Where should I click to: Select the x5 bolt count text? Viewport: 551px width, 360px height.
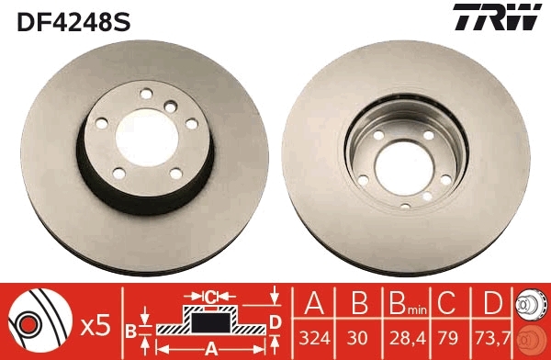96,324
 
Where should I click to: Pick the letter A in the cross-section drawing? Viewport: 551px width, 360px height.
210,348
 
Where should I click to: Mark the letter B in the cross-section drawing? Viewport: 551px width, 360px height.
130,330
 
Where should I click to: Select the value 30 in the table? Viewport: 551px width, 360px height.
358,337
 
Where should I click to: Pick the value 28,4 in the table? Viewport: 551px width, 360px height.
403,337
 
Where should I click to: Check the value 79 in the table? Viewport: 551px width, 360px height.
449,337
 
